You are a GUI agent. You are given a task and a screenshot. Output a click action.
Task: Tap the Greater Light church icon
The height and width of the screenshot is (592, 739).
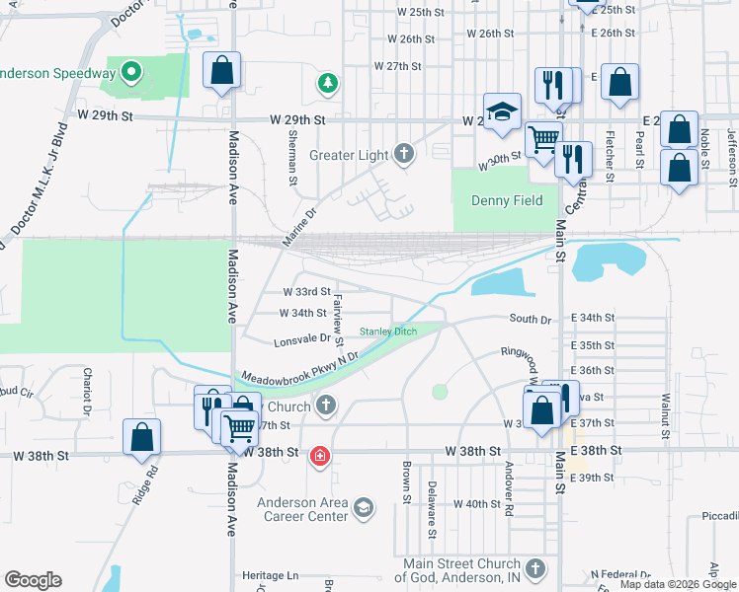point(403,154)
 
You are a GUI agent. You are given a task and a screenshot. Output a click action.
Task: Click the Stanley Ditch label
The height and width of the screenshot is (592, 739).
point(387,332)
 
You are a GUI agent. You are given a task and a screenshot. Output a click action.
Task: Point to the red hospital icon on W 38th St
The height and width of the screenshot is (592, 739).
point(319,455)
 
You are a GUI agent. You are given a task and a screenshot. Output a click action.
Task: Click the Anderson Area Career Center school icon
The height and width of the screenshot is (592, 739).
point(363,508)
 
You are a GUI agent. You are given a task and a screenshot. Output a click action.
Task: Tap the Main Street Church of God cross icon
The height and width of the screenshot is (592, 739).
point(534,569)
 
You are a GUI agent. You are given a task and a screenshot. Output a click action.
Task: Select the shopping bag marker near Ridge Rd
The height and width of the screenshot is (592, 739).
point(141,437)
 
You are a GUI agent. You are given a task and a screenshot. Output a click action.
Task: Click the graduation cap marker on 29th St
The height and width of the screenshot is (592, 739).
point(502,111)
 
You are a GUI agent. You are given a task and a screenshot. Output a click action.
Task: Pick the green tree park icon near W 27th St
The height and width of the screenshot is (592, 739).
point(327,83)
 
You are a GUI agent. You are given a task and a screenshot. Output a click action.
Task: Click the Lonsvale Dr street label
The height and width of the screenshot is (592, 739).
point(301,338)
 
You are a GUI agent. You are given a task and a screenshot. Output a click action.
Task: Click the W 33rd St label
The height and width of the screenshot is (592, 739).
point(305,292)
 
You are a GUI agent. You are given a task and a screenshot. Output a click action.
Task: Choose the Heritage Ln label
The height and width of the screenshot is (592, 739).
point(271,575)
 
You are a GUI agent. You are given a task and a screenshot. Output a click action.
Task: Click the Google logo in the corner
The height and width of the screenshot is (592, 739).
point(33,580)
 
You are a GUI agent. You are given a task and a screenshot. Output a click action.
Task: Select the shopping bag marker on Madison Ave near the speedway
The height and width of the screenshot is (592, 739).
point(222,70)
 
